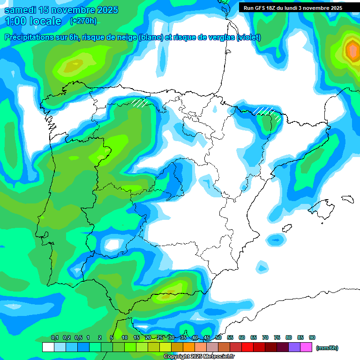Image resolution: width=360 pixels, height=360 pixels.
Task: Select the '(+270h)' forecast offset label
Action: [x=83, y=21]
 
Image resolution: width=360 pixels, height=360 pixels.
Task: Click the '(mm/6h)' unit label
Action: [x=327, y=348]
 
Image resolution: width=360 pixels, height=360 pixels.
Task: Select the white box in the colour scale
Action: [x=48, y=347]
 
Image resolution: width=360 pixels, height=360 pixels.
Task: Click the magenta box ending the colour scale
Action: [x=306, y=347]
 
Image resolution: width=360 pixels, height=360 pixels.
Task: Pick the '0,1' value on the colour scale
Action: [x=55, y=338]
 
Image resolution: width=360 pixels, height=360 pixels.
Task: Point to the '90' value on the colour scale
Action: [x=312, y=338]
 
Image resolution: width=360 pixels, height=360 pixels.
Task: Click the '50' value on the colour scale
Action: [x=218, y=338]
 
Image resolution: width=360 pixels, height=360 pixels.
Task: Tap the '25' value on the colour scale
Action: [x=160, y=338]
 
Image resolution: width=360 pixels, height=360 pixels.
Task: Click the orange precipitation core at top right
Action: [x=352, y=49]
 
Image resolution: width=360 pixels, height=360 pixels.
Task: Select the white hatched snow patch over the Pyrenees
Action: [x=268, y=112]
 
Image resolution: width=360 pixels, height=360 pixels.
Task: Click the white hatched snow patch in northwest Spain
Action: [x=140, y=102]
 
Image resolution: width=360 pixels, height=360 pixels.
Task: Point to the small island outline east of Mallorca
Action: [x=347, y=199]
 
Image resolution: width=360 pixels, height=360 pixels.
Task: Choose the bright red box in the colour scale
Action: [x=247, y=347]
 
